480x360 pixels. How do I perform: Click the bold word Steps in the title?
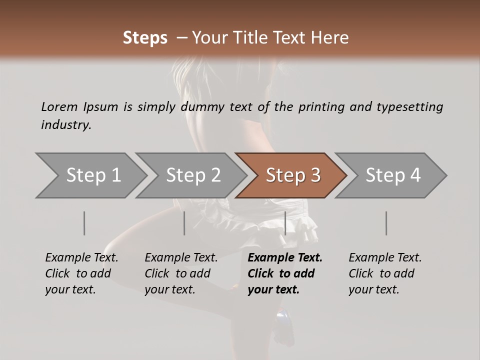coord(145,38)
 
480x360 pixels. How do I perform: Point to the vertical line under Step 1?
coord(84,223)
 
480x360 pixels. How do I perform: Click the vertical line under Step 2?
coord(184,223)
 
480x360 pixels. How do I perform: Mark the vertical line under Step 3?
coord(285,223)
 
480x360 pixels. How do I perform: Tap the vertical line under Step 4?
coord(386,223)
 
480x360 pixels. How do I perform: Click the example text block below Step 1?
coord(81,273)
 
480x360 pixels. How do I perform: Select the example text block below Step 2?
coord(181,273)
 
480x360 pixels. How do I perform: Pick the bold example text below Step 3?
coord(285,273)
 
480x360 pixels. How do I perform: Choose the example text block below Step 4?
coord(385,273)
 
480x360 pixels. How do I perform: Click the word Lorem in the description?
coord(59,107)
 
